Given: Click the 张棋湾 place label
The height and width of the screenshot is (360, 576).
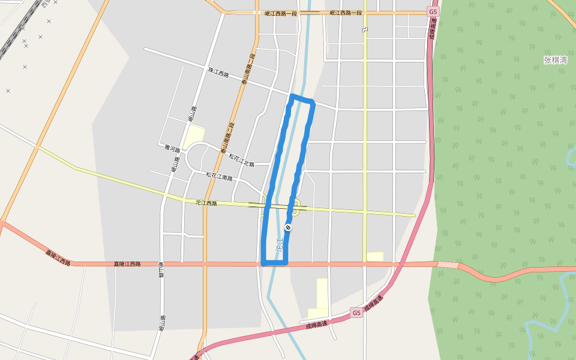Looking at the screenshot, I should click(x=555, y=60).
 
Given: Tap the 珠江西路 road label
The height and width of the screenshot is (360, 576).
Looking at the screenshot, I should click(x=219, y=73).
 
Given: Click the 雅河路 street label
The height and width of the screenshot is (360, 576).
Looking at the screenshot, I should click(x=172, y=147).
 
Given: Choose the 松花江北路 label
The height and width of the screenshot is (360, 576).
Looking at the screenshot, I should click(x=242, y=160).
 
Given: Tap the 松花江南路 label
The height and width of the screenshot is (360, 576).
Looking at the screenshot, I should click(x=219, y=176).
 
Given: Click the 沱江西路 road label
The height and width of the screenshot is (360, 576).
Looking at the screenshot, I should click(x=206, y=203).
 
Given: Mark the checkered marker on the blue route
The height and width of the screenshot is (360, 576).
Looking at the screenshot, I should click(x=289, y=227).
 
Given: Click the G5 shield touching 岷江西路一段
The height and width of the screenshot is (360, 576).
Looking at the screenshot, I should click(x=433, y=12).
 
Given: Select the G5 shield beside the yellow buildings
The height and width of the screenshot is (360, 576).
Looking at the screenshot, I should click(x=356, y=313).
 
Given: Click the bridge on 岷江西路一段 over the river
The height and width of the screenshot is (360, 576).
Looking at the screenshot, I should click(x=310, y=12).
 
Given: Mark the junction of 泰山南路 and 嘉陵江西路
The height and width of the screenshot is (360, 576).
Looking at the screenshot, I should click(x=205, y=263).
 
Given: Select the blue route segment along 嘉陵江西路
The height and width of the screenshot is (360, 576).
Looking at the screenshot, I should click(x=275, y=263).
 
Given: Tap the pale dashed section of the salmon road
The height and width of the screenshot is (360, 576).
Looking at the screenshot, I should click(x=448, y=265).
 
